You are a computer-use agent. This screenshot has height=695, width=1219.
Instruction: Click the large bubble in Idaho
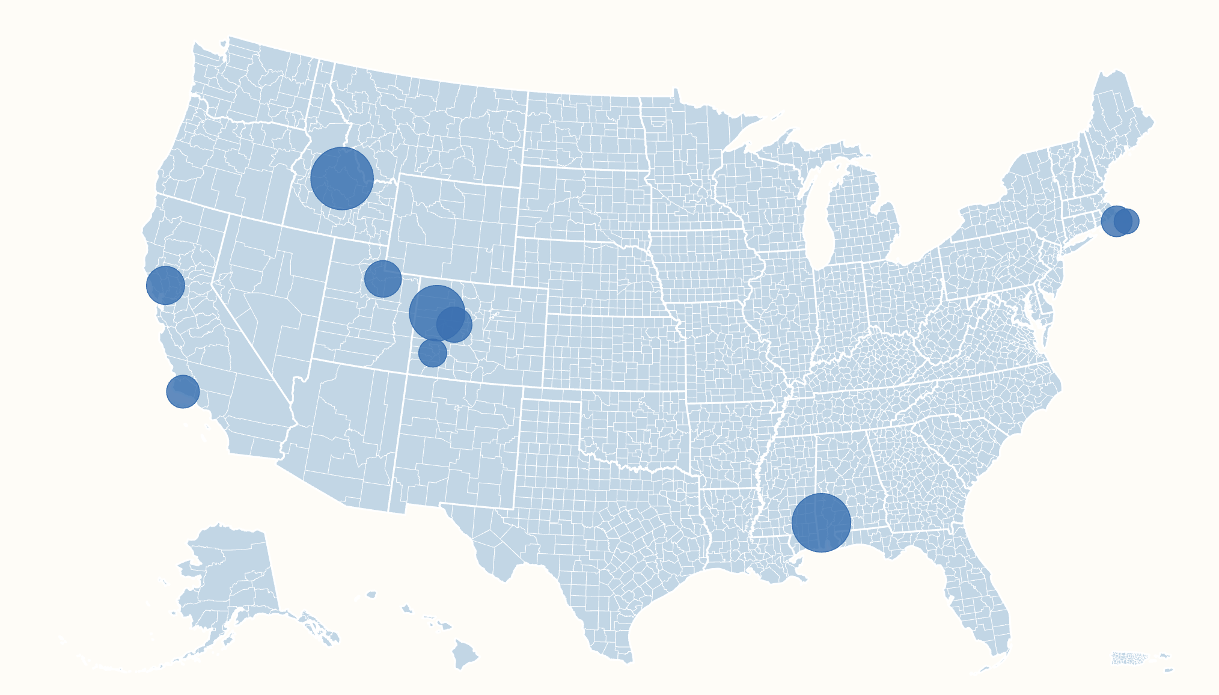(342, 179)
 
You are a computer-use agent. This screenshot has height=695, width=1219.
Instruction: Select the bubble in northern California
(165, 285)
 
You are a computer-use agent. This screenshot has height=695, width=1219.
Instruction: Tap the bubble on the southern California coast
(183, 391)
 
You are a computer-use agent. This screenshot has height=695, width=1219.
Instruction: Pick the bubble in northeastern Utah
(383, 278)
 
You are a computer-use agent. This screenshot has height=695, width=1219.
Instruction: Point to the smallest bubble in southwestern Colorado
(432, 352)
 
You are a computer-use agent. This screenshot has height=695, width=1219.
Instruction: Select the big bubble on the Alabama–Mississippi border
(821, 522)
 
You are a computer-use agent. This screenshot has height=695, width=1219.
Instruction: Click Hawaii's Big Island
(465, 654)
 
